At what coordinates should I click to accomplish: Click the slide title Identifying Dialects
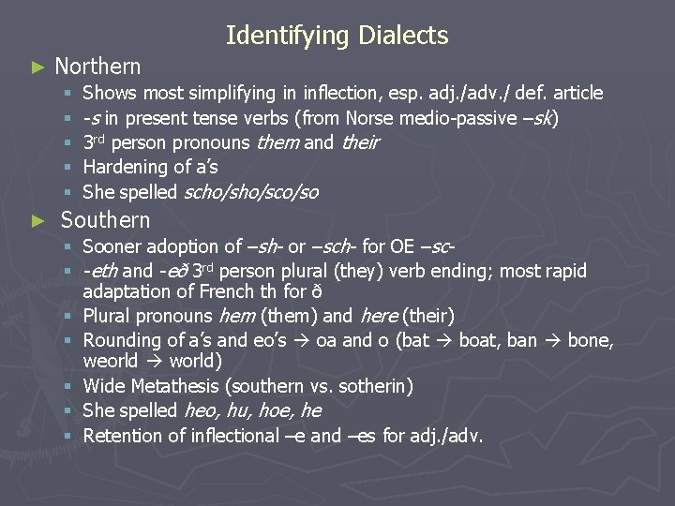tap(337, 37)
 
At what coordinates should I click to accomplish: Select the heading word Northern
tap(97, 67)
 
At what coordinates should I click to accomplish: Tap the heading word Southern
tap(105, 220)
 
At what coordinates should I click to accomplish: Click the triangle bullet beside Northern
tap(37, 67)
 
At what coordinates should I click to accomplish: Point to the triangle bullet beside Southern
tap(37, 221)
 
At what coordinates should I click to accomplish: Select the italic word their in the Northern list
tap(360, 142)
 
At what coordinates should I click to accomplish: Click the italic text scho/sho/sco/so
tap(250, 192)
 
